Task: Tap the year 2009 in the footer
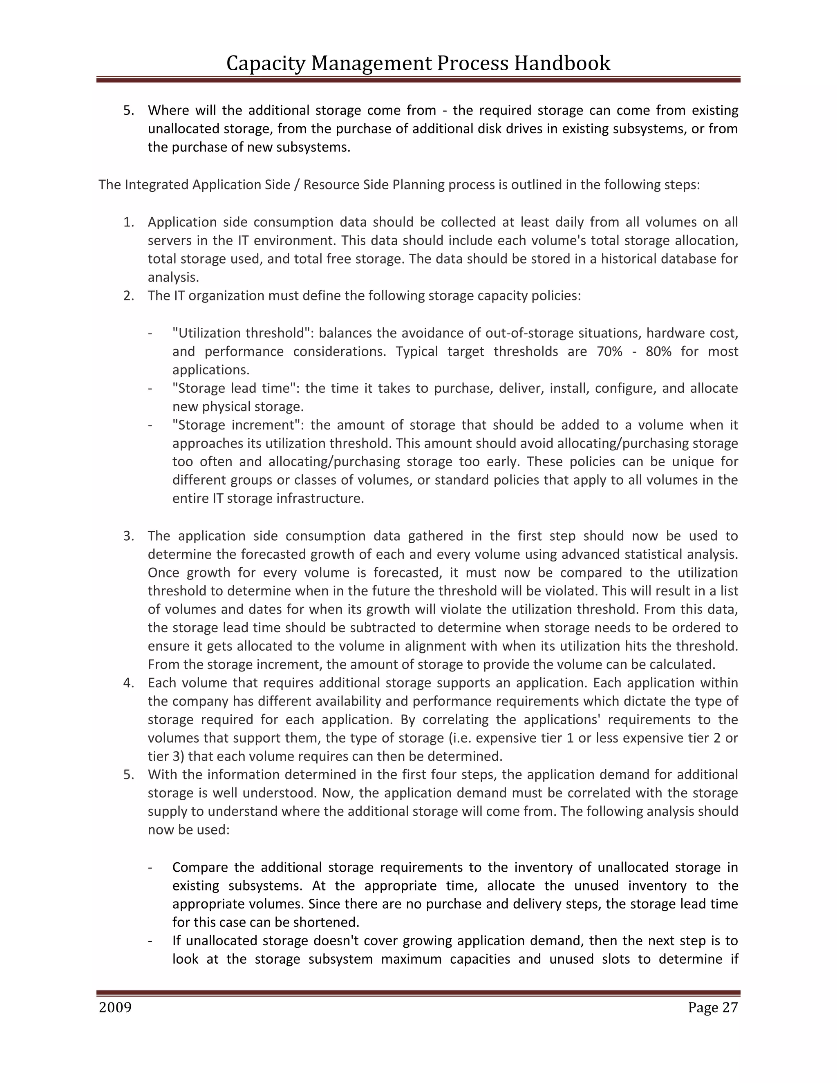click(x=115, y=1008)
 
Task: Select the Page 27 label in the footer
click(x=712, y=1008)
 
